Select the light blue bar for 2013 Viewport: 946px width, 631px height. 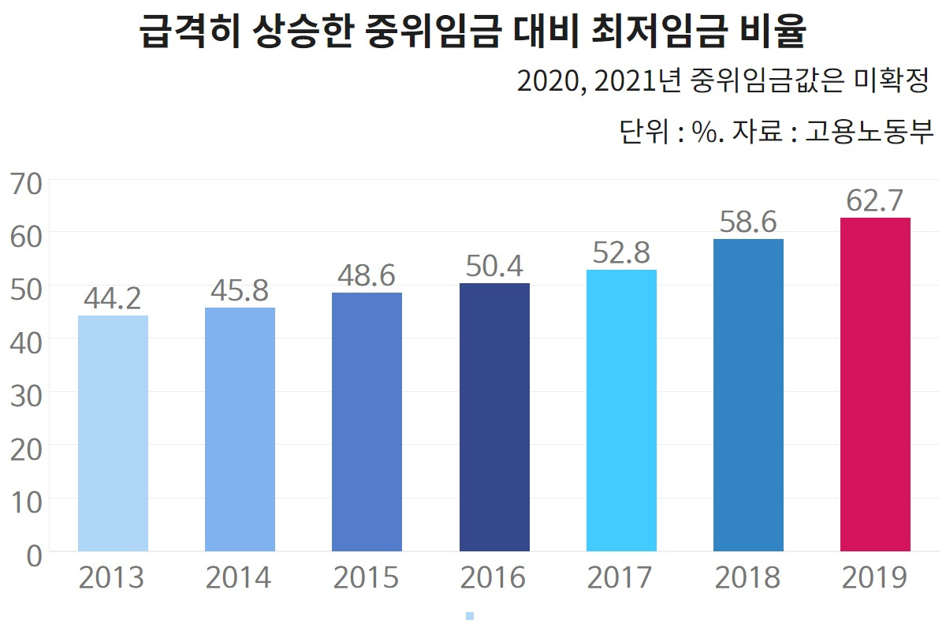point(113,433)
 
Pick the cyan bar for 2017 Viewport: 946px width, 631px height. point(621,410)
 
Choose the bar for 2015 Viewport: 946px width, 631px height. point(367,421)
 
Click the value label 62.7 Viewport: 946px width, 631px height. point(874,201)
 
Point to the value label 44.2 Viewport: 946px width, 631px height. point(113,299)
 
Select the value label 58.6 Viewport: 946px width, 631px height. point(748,222)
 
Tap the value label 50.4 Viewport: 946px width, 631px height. point(494,267)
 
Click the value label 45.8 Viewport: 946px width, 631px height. point(240,291)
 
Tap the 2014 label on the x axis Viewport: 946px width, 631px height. point(239,578)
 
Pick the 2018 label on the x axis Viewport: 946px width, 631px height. point(748,578)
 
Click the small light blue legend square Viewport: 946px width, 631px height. point(470,616)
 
